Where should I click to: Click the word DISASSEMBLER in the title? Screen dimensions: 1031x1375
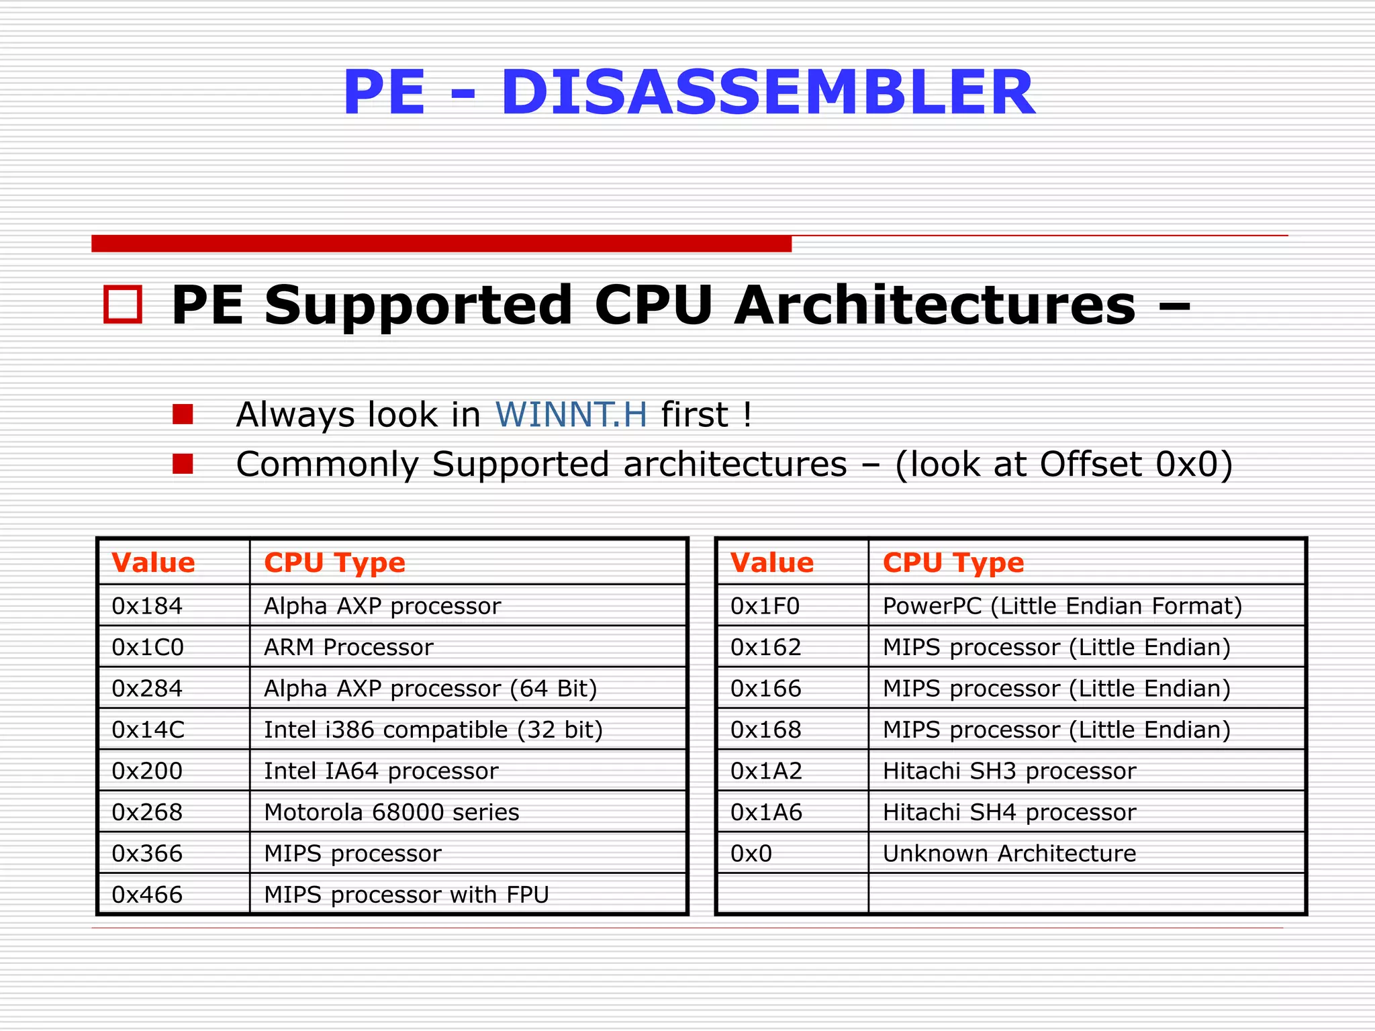pyautogui.click(x=767, y=93)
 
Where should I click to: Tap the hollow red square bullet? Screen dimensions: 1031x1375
pyautogui.click(x=123, y=305)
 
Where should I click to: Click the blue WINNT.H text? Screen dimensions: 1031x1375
pyautogui.click(x=571, y=414)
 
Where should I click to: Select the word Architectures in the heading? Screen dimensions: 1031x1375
pyautogui.click(x=934, y=305)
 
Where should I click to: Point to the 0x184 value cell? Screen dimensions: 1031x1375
pyautogui.click(x=147, y=606)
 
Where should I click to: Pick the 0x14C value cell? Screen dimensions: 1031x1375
pyautogui.click(x=148, y=730)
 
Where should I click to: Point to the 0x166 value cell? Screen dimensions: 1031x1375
pyautogui.click(x=765, y=689)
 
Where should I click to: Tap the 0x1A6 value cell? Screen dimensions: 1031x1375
pyautogui.click(x=766, y=812)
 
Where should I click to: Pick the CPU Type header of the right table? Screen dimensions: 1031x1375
pyautogui.click(x=953, y=562)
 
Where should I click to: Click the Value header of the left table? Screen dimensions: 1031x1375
pyautogui.click(x=153, y=562)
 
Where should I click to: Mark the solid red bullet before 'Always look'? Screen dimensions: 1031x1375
pyautogui.click(x=183, y=414)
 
